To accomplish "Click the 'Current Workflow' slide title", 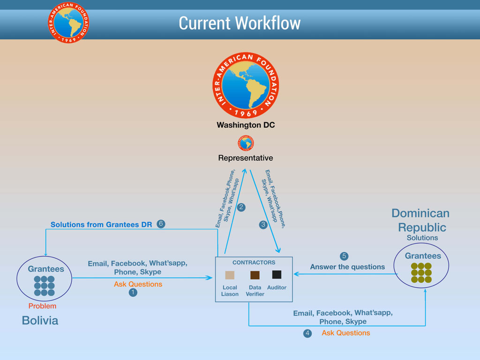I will tap(240, 22).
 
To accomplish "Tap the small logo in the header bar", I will tap(68, 22).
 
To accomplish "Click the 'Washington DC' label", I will tap(246, 125).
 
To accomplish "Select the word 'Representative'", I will tap(246, 158).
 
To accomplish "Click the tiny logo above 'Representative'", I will tap(246, 143).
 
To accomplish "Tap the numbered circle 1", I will tap(133, 292).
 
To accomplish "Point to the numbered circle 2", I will tap(241, 207).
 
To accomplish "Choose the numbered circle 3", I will tap(263, 225).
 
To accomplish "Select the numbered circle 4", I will tap(307, 333).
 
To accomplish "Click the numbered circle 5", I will tap(344, 256).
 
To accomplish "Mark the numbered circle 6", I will tap(161, 224).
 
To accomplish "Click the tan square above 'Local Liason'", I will tap(230, 275).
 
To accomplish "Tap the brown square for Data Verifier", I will tap(255, 275).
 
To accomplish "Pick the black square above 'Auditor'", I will tap(277, 275).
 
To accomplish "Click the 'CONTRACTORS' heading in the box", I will tap(254, 262).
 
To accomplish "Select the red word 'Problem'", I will tap(42, 306).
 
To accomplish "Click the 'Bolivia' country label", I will tap(40, 321).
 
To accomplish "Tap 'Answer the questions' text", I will tap(347, 267).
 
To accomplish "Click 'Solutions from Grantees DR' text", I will tap(101, 225).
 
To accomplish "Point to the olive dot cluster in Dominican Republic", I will tap(421, 272).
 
